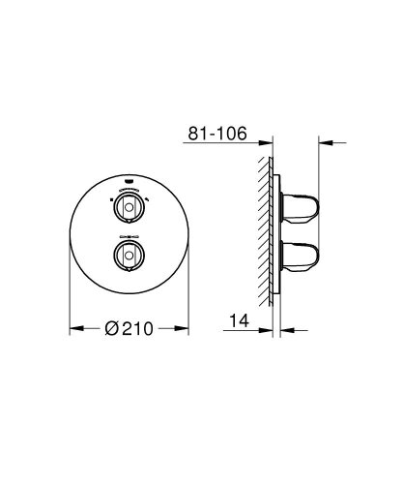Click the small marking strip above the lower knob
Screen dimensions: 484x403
[x=130, y=235]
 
